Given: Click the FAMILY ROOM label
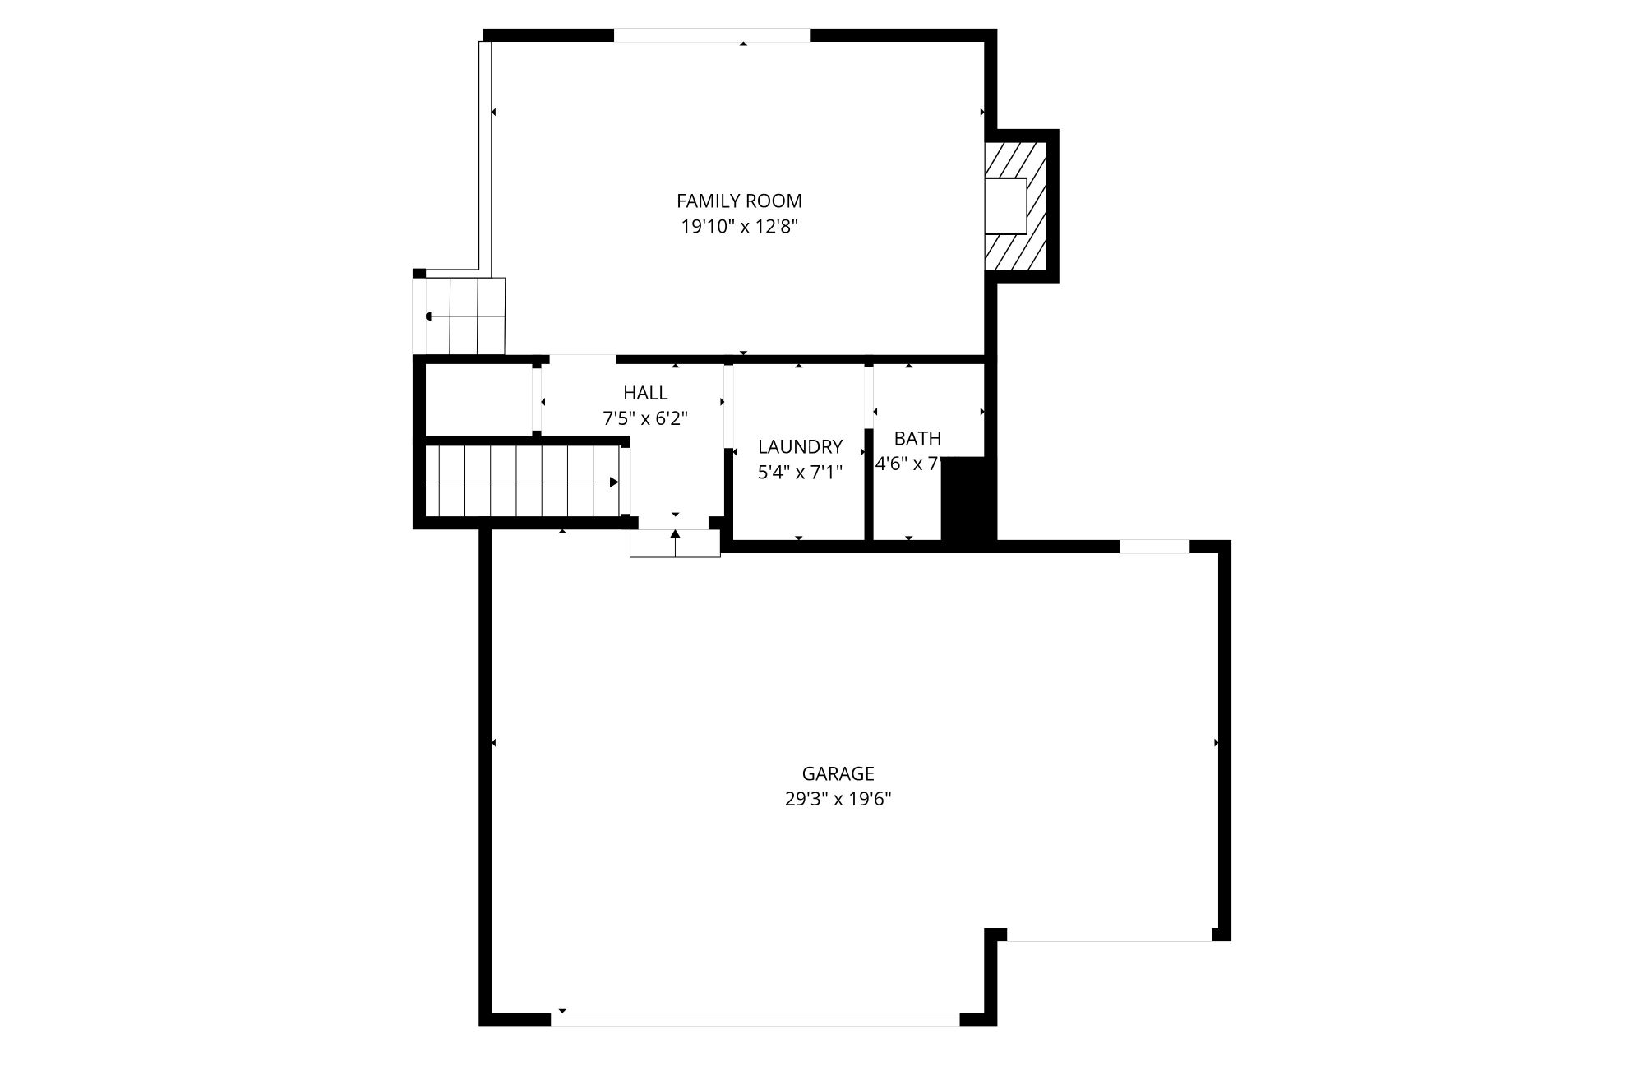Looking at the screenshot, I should [x=738, y=201].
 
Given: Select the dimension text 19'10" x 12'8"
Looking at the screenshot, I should [x=739, y=227].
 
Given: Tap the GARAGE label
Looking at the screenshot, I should [x=838, y=773].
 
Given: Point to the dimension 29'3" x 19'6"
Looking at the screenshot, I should [x=838, y=799].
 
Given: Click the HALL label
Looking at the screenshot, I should [x=645, y=393].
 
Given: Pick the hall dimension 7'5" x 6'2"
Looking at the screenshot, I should [x=645, y=418].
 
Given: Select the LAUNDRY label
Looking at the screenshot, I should [x=800, y=446].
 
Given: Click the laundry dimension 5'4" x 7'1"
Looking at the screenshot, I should [x=800, y=473].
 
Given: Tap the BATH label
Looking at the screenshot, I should [x=917, y=438].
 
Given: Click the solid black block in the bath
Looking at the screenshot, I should [x=967, y=498].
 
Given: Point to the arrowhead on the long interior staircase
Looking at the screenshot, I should [x=613, y=482].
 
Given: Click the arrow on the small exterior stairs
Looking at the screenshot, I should [x=429, y=316].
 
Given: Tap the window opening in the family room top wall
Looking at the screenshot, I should [x=712, y=35].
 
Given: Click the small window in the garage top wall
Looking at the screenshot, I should [x=1154, y=547].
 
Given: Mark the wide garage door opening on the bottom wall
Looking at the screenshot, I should [x=755, y=1019].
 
